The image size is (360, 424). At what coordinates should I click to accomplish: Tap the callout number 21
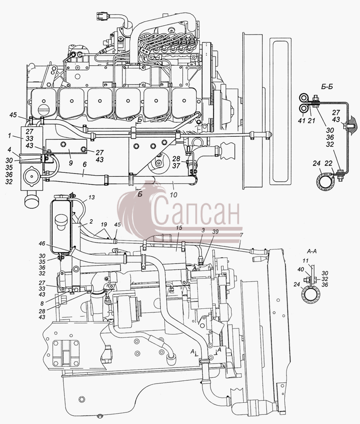click(312, 121)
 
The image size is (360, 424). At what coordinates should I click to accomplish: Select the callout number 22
click(328, 163)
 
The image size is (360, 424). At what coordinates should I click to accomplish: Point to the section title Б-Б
click(327, 87)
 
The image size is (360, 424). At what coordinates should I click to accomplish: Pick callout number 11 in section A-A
click(305, 261)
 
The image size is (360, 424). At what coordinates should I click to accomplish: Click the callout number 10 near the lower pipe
click(173, 194)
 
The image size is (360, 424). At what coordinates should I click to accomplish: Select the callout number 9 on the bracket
click(70, 163)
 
